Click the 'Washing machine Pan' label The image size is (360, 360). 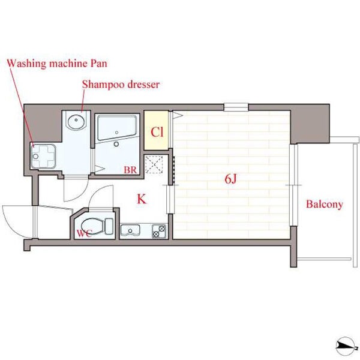(x=57, y=64)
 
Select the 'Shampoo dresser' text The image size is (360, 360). (x=121, y=84)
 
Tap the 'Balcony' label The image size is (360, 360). (x=325, y=204)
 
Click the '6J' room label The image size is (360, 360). (x=230, y=179)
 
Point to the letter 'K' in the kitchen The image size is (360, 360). (x=142, y=199)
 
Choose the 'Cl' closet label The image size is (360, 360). (x=157, y=132)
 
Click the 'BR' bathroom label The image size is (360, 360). (x=130, y=170)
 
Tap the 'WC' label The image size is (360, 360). (x=84, y=233)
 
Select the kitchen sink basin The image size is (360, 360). (x=130, y=230)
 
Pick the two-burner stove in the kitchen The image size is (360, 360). (x=159, y=231)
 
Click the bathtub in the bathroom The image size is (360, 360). (x=117, y=128)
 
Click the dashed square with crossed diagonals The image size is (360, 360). (x=154, y=164)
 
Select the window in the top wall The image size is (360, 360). (x=236, y=107)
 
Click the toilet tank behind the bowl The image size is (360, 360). (x=109, y=226)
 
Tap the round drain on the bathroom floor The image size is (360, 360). (x=116, y=144)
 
